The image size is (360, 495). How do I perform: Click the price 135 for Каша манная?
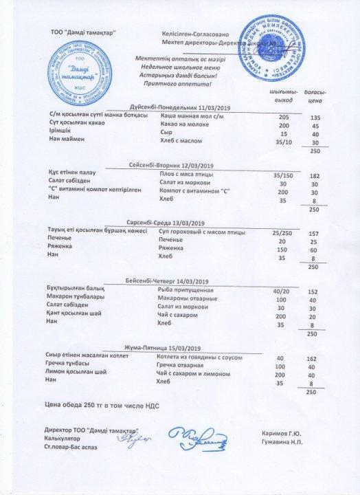pos(316,118)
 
